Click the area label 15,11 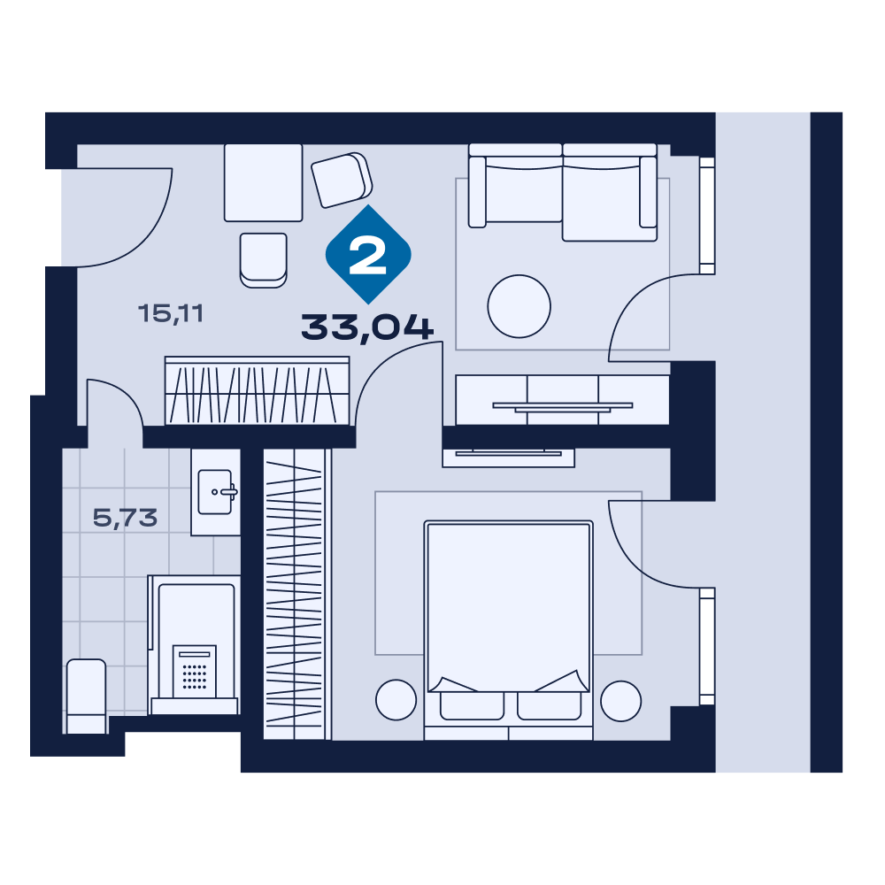point(171,313)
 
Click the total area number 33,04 point(367,328)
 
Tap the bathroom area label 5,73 point(125,518)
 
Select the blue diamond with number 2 point(368,255)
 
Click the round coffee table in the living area point(519,306)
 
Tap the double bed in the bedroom point(508,630)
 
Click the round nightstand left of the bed point(396,700)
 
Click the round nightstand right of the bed point(621,700)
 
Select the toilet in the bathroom point(87,696)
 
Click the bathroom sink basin point(216,492)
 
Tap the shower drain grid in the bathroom point(195,672)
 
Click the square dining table point(263,182)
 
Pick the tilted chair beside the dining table point(342,180)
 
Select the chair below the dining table point(263,260)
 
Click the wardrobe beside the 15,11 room point(257,390)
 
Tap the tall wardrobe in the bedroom point(296,595)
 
